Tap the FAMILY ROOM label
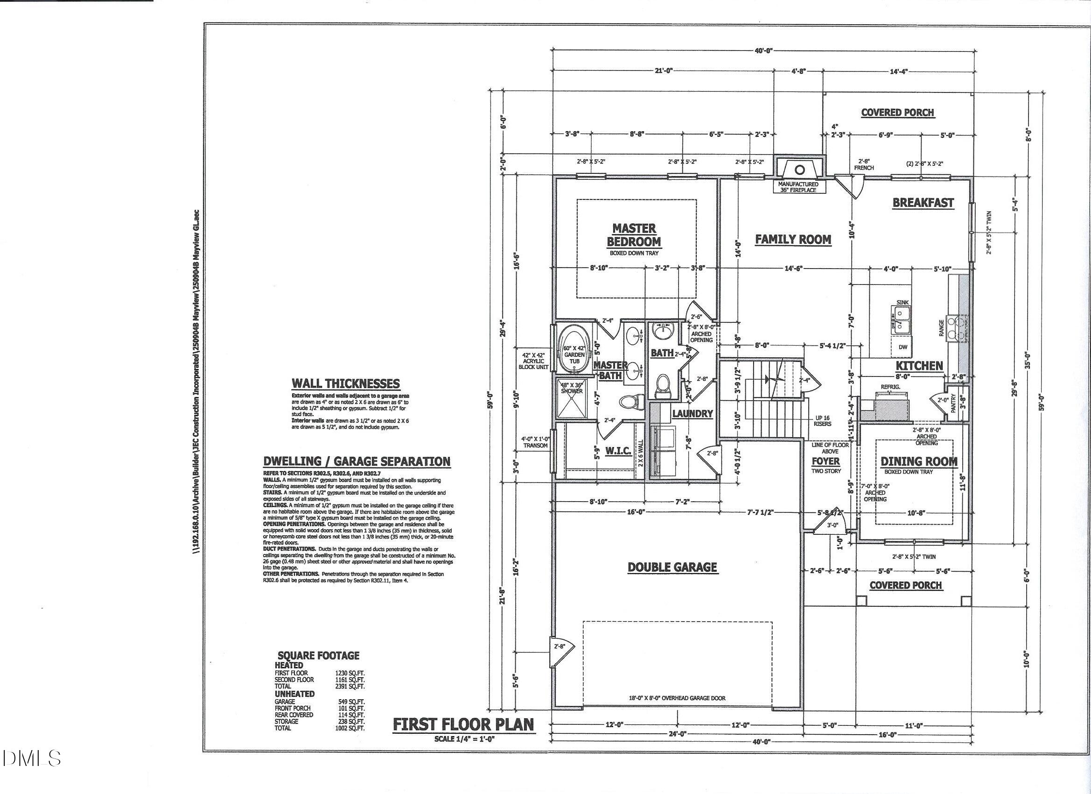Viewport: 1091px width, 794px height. pyautogui.click(x=792, y=239)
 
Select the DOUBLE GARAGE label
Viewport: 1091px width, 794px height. pyautogui.click(x=672, y=567)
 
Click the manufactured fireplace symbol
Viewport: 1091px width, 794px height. pyautogui.click(x=799, y=170)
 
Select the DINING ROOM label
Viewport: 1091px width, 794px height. pyautogui.click(x=919, y=462)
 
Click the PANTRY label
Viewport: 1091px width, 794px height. pyautogui.click(x=953, y=403)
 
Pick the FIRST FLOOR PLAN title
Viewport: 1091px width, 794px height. pyautogui.click(x=463, y=725)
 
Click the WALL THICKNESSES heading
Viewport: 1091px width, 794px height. pyautogui.click(x=345, y=384)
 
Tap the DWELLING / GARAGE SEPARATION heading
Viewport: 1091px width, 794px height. pyautogui.click(x=357, y=461)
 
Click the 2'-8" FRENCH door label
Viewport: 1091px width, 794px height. pyautogui.click(x=864, y=165)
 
